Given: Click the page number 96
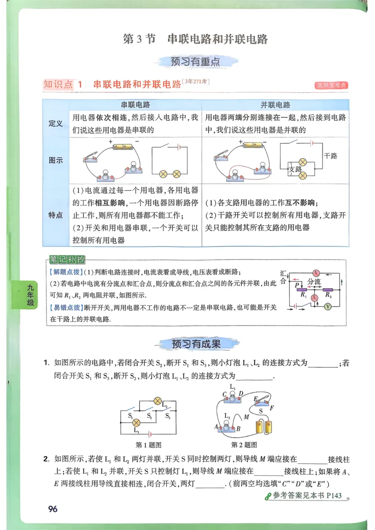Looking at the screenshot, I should [52, 509].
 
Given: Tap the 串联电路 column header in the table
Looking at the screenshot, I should [135, 105].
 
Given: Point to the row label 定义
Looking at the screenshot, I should [56, 124].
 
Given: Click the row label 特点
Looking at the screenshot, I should [56, 215].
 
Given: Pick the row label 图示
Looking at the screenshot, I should [56, 160].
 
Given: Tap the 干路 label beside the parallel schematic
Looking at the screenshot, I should [330, 156].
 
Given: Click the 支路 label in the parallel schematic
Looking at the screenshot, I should [295, 169].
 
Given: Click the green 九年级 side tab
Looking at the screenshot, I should [30, 296].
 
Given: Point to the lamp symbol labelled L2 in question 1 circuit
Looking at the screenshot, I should [158, 401].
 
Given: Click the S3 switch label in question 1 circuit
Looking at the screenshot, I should [167, 416].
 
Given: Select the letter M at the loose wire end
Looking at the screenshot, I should [247, 417].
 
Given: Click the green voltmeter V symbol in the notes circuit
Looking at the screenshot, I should [328, 306].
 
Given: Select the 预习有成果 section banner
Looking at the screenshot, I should [196, 344].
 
